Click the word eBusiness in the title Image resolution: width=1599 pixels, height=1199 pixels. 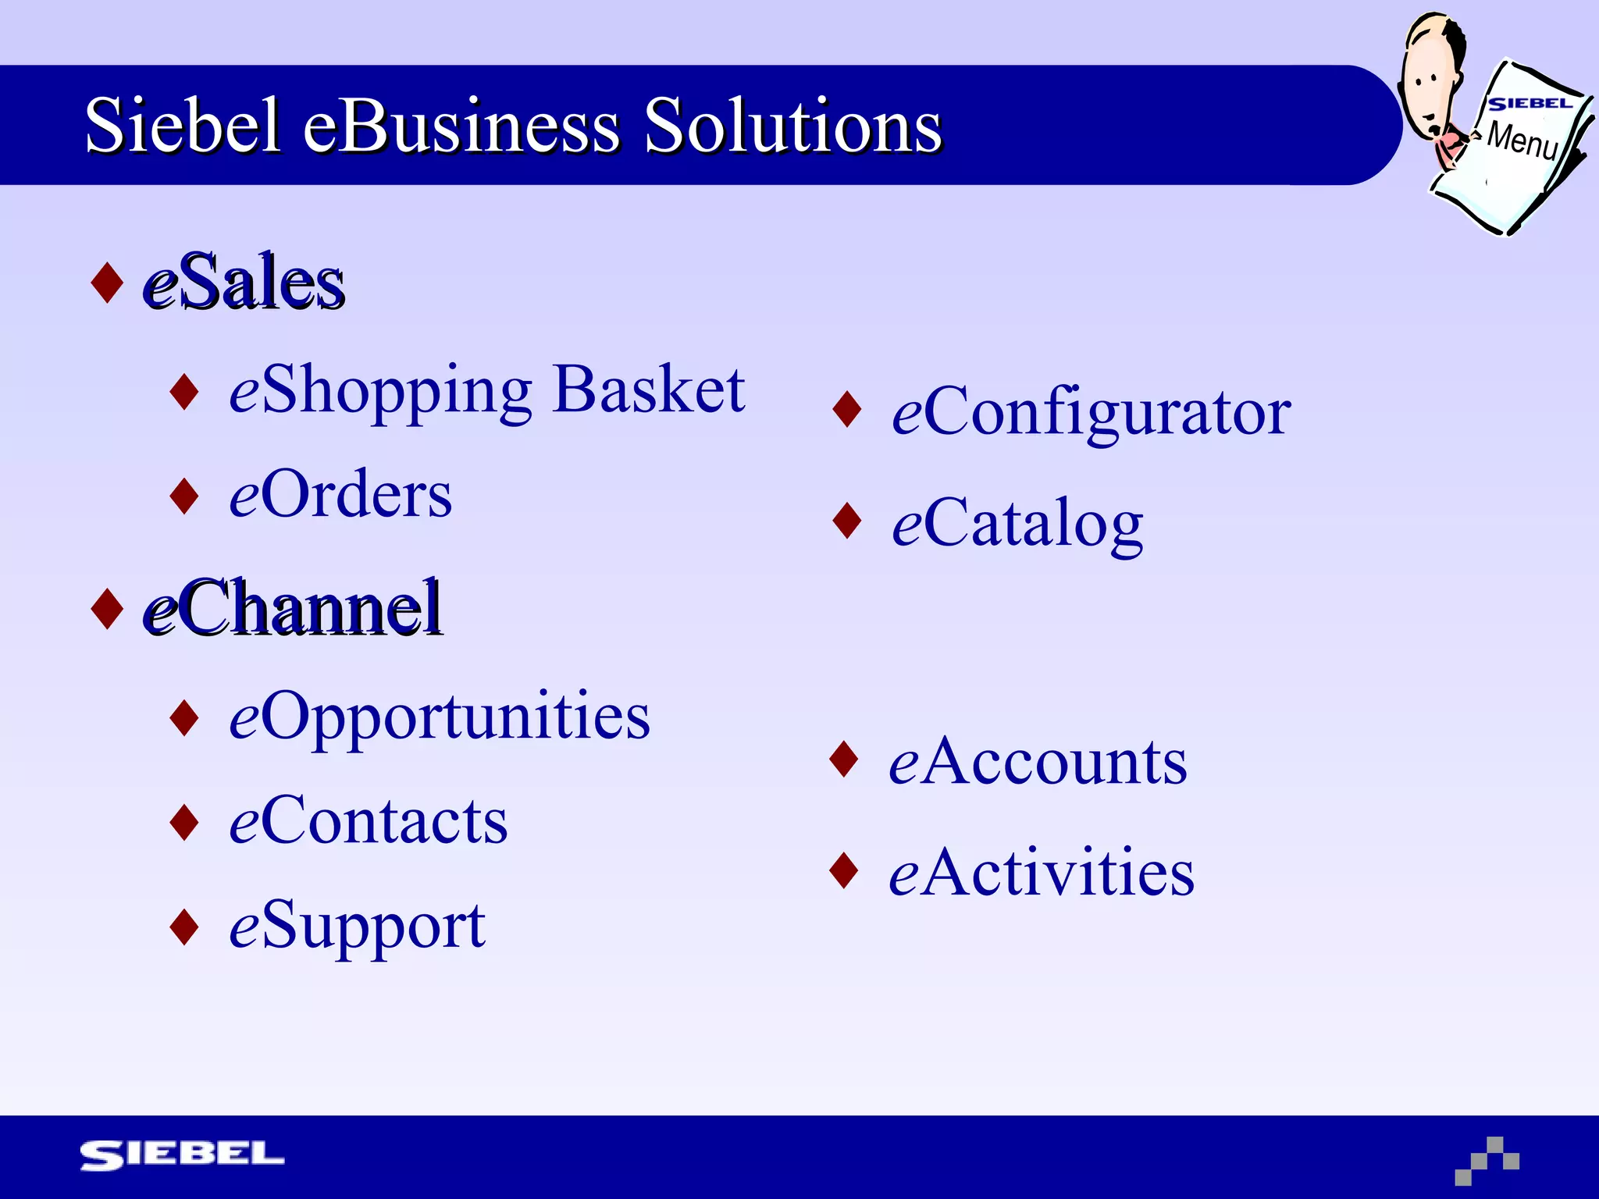coord(461,126)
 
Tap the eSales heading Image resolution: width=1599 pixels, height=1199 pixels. coord(244,283)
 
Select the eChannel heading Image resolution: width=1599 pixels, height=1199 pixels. coord(293,608)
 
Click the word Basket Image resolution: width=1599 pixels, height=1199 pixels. coord(648,390)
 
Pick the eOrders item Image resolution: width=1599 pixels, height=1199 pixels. coord(340,495)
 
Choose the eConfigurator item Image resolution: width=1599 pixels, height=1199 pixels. coord(1091,411)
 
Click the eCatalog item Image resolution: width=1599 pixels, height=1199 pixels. coord(1017,523)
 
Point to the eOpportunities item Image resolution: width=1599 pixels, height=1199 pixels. coord(439,716)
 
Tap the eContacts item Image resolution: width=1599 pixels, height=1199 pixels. coord(368,821)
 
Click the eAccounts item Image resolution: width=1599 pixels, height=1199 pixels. coord(1038,761)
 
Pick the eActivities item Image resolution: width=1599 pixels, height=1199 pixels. coord(1041,872)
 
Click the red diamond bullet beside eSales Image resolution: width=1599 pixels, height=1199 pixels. coord(107,283)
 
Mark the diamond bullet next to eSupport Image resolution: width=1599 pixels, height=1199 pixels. coord(184,927)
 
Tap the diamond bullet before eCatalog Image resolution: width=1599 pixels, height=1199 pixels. coord(847,521)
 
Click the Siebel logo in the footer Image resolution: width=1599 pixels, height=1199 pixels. coord(182,1155)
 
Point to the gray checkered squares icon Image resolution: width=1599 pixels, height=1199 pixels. coord(1487,1161)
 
